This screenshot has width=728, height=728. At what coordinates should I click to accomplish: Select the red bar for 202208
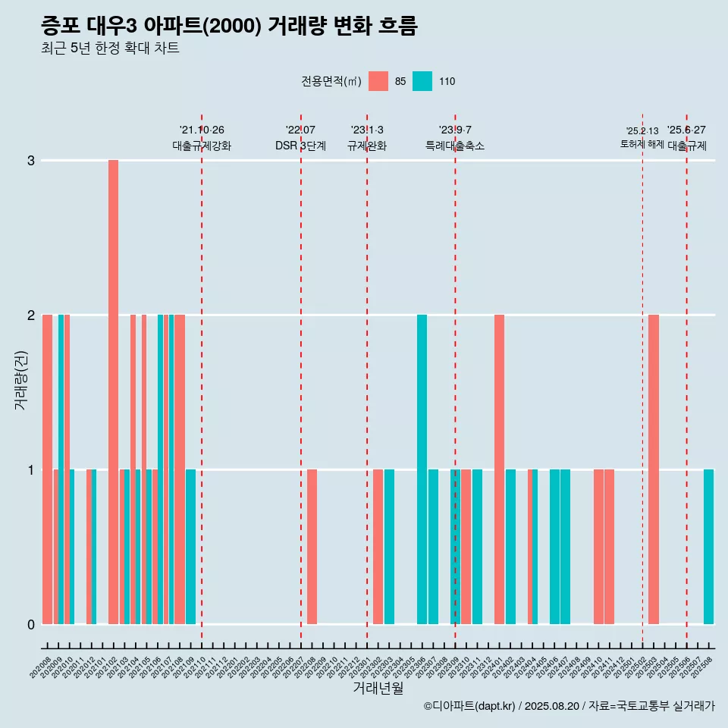pyautogui.click(x=312, y=546)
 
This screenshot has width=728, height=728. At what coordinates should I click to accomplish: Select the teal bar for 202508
pyautogui.click(x=708, y=546)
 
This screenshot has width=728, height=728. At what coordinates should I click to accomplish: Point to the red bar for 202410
pyautogui.click(x=598, y=546)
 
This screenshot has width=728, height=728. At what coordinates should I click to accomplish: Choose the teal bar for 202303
pyautogui.click(x=389, y=546)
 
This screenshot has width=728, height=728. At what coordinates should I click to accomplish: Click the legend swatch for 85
pyautogui.click(x=378, y=81)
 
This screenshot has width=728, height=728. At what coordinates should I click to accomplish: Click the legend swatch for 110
pyautogui.click(x=422, y=81)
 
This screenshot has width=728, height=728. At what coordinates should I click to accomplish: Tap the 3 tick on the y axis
pyautogui.click(x=31, y=160)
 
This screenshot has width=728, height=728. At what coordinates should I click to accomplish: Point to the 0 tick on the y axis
pyautogui.click(x=31, y=624)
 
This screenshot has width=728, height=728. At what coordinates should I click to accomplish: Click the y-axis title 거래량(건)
pyautogui.click(x=20, y=379)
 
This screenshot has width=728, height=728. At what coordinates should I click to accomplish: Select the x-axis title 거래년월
pyautogui.click(x=378, y=688)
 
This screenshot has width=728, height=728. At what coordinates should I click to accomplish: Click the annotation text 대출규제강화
pyautogui.click(x=202, y=146)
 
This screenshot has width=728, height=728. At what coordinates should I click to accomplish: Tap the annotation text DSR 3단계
pyautogui.click(x=300, y=146)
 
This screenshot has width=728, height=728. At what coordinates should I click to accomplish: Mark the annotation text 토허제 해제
pyautogui.click(x=642, y=144)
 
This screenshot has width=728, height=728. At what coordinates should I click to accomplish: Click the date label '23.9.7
pyautogui.click(x=455, y=130)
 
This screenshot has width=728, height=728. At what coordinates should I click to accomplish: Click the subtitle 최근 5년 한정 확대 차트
pyautogui.click(x=111, y=49)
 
